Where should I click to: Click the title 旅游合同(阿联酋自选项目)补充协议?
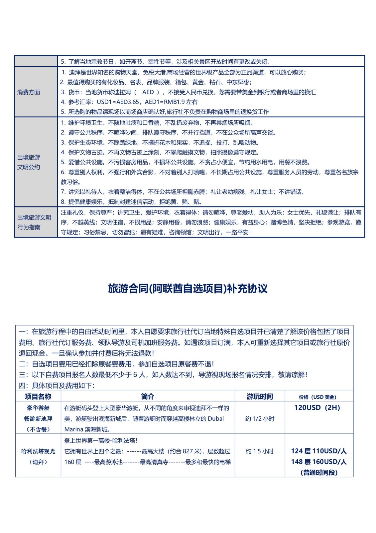tap(188, 288)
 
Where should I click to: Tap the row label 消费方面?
tap(29, 92)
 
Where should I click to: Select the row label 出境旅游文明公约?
tap(29, 162)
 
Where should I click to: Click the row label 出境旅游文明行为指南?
tap(34, 222)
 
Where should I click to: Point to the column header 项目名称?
tap(38, 396)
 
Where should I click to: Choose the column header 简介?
tap(148, 396)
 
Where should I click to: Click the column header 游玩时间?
tap(260, 396)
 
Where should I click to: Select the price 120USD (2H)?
tap(317, 408)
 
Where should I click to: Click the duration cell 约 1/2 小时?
tap(260, 419)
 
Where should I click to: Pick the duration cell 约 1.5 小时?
tap(260, 451)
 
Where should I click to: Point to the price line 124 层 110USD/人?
tap(319, 451)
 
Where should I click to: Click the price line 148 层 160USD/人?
tap(319, 462)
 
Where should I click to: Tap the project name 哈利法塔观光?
tap(38, 451)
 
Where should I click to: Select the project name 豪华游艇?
tap(38, 408)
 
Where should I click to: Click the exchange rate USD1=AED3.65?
tap(118, 102)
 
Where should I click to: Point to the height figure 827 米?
tap(188, 451)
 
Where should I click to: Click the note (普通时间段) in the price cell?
tap(319, 472)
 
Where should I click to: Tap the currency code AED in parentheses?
tap(148, 92)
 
